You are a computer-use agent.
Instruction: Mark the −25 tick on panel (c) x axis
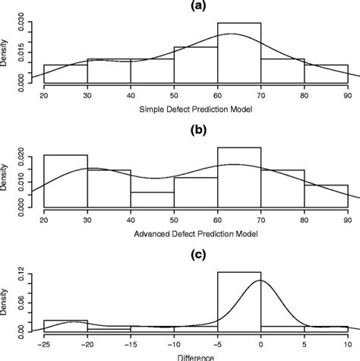(43, 344)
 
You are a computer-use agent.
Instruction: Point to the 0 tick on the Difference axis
(261, 344)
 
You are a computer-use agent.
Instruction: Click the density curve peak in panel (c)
(260, 281)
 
